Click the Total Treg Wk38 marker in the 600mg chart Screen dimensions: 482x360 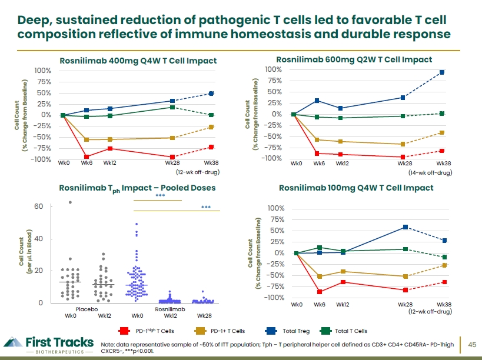(442, 72)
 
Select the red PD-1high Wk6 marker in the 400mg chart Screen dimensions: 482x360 (87, 156)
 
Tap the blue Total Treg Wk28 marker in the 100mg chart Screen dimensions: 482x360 (405, 227)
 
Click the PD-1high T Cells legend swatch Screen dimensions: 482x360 (124, 331)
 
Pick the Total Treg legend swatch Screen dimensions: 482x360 (271, 331)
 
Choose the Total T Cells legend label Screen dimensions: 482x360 (351, 331)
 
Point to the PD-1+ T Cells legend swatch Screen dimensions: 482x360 (200, 331)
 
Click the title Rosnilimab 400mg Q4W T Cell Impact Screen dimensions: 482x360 (138, 61)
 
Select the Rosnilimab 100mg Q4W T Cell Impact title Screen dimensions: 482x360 (356, 188)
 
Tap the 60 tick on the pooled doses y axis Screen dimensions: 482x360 (38, 206)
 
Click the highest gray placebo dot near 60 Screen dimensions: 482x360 (70, 202)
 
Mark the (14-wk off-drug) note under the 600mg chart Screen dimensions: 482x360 (430, 172)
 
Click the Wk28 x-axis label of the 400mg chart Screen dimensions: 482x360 (172, 163)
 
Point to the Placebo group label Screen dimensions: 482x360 (87, 309)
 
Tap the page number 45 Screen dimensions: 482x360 (472, 345)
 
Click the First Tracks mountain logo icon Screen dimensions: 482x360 (13, 342)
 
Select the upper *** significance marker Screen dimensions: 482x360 (160, 196)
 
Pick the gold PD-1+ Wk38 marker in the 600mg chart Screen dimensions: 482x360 (442, 133)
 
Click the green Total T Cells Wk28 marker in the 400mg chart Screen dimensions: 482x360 (172, 107)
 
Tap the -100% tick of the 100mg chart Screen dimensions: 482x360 (275, 298)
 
